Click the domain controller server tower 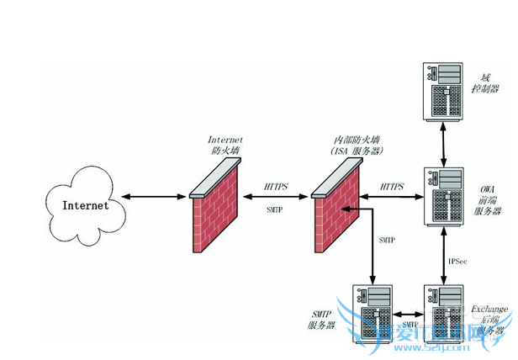click(x=442, y=93)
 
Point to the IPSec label click(x=458, y=262)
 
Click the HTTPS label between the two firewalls click(x=278, y=186)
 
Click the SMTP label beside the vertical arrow click(x=387, y=241)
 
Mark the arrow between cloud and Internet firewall click(x=154, y=199)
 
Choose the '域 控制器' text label click(x=487, y=81)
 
